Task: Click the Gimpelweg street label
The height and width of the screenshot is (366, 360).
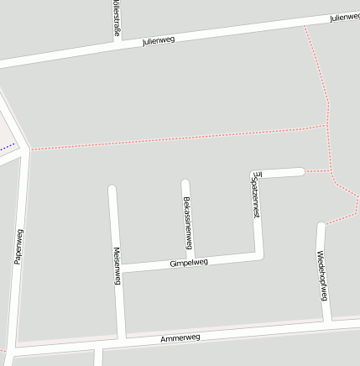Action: tap(188, 263)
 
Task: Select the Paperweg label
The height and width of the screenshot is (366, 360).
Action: tap(18, 247)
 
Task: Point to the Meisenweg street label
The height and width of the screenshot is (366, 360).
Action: tap(117, 266)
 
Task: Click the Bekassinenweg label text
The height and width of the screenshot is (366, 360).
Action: tap(187, 222)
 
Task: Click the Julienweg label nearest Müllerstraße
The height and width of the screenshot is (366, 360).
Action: tap(158, 39)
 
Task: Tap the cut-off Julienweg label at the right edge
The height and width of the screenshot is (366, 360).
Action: tap(344, 17)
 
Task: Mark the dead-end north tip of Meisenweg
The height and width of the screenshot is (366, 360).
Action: tap(112, 189)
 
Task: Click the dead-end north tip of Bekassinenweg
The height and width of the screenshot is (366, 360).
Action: tap(185, 183)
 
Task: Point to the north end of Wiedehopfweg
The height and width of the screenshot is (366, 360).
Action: tap(321, 225)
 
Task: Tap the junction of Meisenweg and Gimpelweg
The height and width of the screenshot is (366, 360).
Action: tap(119, 269)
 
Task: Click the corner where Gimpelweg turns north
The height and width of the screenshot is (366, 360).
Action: tap(260, 255)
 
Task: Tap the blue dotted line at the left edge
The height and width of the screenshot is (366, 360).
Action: tap(7, 147)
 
